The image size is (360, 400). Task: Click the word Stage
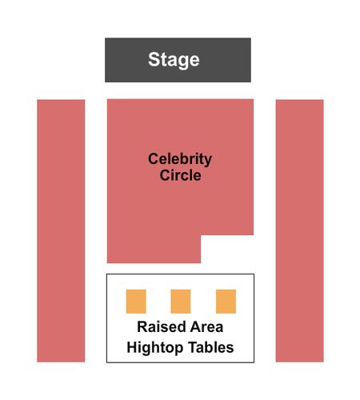coord(174,60)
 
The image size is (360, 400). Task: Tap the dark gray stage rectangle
coord(178,60)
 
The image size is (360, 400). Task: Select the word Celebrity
coord(180,159)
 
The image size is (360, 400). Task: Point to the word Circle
coord(180,175)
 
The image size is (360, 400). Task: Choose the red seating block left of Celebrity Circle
coord(61,230)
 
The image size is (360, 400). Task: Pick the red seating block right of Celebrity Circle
coord(299,230)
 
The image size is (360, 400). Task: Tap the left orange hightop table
coord(136,302)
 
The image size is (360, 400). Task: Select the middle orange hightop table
coord(181,302)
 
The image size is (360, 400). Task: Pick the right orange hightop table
coord(226,302)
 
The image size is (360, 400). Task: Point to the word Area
coord(206,326)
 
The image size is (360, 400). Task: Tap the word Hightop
coord(155,348)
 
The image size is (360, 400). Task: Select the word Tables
coord(211,347)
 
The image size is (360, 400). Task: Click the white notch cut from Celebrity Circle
coord(227,249)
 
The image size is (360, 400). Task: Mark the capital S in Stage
coord(154,59)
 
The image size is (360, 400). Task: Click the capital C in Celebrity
coord(154,159)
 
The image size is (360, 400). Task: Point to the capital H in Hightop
coord(132,347)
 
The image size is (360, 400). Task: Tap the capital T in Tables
coord(193,347)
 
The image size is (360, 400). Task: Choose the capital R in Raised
coord(142,326)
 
